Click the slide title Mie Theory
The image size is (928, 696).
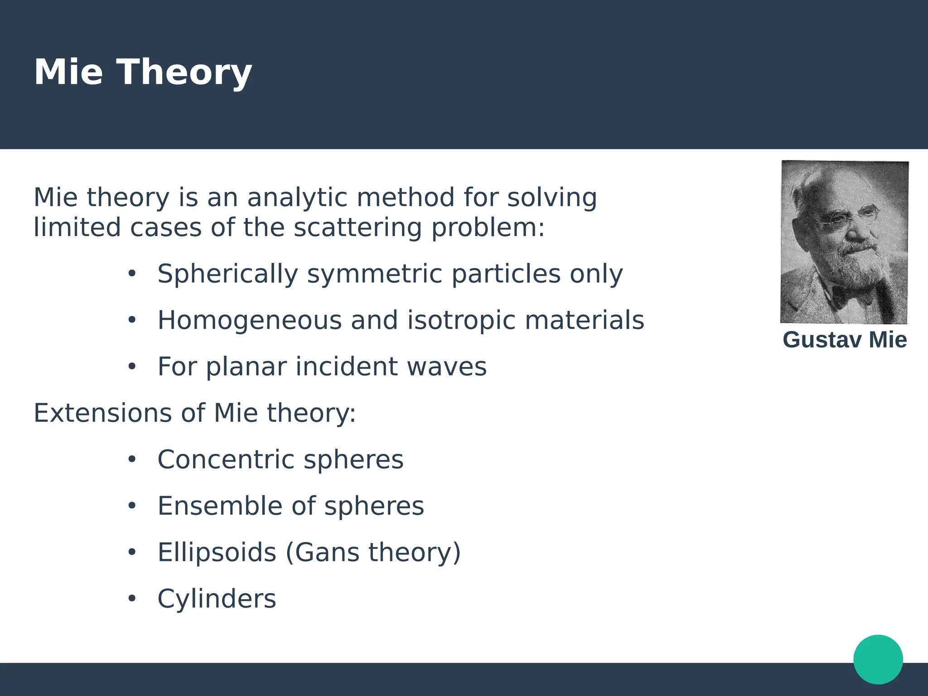[x=143, y=72]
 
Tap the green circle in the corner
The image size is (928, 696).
[x=878, y=659]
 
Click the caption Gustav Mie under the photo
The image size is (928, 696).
[x=845, y=340]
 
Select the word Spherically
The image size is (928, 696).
[x=227, y=274]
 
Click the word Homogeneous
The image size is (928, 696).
[x=249, y=320]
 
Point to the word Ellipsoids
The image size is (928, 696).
[x=217, y=553]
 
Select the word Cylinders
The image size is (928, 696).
[x=217, y=599]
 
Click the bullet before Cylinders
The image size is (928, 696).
[x=132, y=599]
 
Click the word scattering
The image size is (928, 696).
[x=358, y=227]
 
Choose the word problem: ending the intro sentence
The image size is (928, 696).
[x=488, y=227]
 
